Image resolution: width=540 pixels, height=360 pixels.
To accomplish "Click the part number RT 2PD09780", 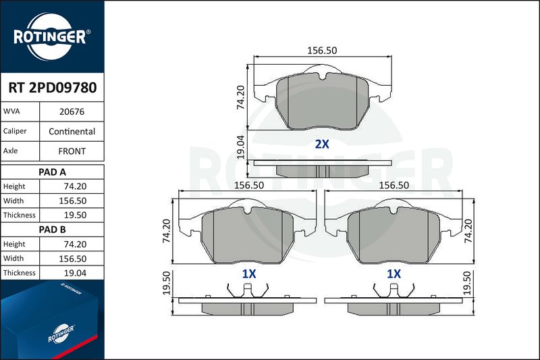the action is [x=53, y=88].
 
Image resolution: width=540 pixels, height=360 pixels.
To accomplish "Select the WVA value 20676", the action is [x=72, y=111].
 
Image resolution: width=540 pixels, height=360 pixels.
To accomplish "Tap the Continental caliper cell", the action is [x=72, y=131].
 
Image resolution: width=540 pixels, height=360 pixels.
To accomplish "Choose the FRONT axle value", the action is [x=72, y=151].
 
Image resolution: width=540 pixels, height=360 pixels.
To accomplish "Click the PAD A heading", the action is [x=52, y=172].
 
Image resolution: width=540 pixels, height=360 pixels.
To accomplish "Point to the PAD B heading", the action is [x=52, y=230].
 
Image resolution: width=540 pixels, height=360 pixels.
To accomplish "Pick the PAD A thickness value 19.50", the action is [x=75, y=215].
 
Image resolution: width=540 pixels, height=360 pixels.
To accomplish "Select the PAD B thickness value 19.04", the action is [x=75, y=273].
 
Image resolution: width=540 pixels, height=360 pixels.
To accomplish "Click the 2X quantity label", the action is [x=322, y=144].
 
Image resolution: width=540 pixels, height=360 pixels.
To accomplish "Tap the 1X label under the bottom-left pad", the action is [x=249, y=274].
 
